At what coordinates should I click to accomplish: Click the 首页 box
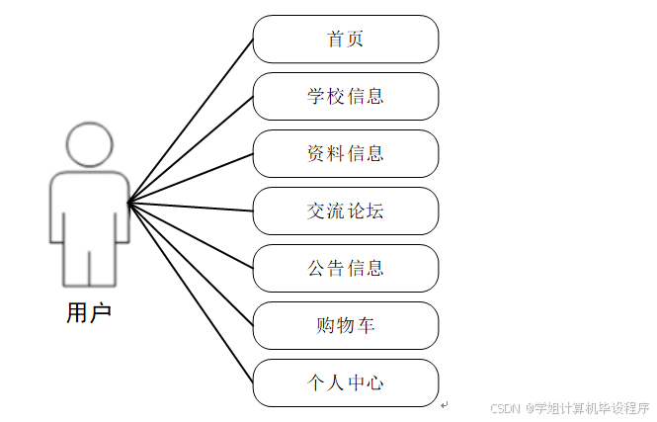345,40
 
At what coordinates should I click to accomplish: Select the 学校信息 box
345,97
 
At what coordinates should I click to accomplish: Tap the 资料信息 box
345,154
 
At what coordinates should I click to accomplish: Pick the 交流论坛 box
345,211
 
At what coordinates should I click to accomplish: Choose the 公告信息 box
345,268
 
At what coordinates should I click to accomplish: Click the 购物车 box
345,325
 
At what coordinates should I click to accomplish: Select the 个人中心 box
345,382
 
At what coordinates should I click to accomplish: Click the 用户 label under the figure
89,314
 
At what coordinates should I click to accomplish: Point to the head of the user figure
89,146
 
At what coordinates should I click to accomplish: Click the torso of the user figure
89,208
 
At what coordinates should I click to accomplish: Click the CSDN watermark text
505,407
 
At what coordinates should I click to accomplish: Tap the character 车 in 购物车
368,325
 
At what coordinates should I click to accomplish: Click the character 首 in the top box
335,40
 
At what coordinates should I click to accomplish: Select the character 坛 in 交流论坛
374,211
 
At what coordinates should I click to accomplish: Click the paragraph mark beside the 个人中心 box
445,404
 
